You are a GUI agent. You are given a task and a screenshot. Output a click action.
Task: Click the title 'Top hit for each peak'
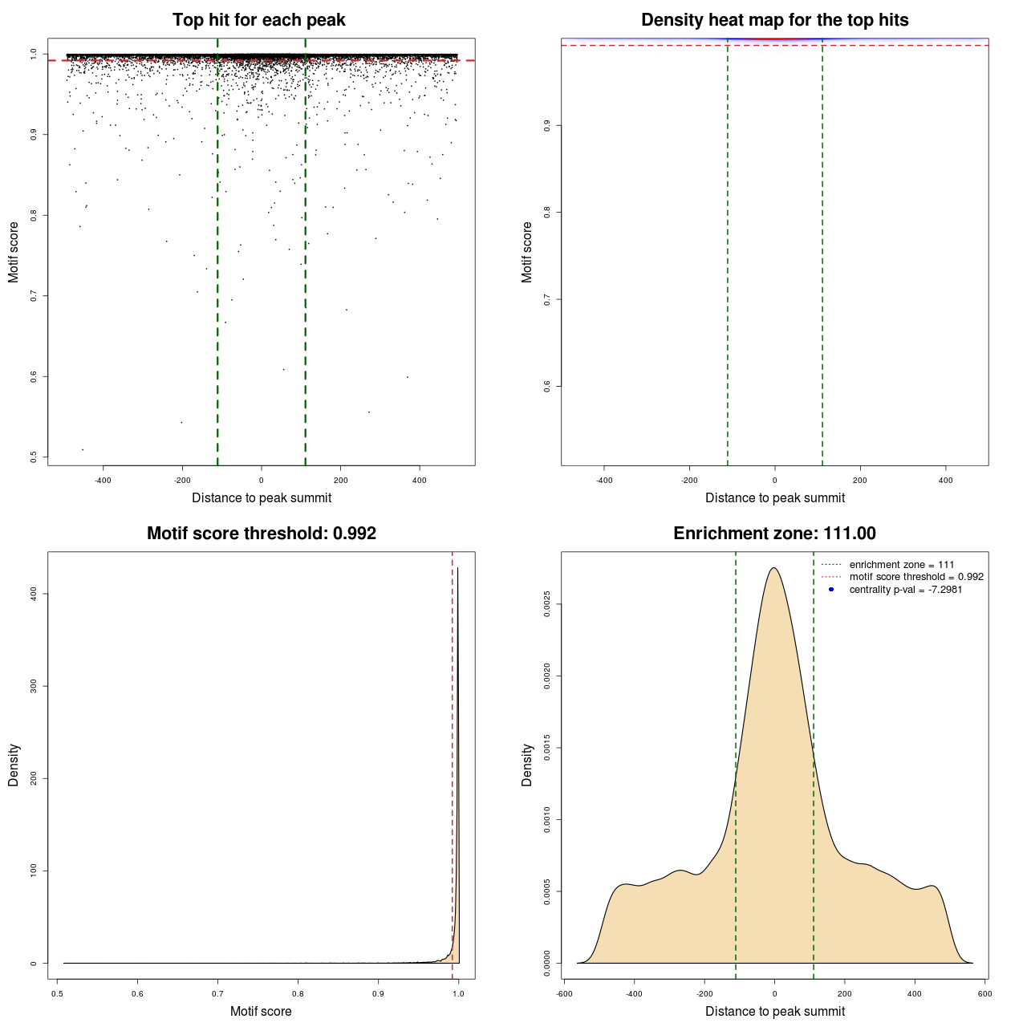coord(258,20)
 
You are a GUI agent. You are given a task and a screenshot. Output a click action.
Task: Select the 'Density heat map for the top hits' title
coord(774,20)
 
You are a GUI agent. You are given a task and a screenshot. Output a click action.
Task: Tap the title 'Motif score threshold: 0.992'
coord(261,534)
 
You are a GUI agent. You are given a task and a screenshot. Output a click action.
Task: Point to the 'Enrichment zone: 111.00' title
coord(774,534)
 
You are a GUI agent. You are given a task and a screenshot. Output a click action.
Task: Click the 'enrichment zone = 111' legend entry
coord(901,565)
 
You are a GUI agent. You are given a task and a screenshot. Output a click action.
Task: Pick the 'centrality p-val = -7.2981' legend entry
coord(905,590)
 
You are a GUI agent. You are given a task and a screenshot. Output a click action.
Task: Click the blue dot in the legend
coord(831,590)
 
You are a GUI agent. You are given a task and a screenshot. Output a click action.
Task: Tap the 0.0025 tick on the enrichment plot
coord(547,605)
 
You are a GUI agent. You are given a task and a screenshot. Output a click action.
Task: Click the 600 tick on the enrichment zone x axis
coord(984,993)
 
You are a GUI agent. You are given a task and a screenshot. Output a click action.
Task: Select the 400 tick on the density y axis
coord(34,593)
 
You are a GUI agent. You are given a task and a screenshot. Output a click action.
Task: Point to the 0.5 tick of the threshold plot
coord(58,993)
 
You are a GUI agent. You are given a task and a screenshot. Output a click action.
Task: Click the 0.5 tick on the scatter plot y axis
coord(34,457)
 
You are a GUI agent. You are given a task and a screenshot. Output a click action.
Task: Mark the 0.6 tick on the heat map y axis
coord(547,386)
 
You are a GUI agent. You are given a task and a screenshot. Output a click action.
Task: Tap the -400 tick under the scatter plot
coord(103,481)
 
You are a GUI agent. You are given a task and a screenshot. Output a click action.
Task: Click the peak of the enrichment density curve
coord(773,568)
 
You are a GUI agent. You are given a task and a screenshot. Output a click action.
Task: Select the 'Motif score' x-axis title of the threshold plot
coord(261,1011)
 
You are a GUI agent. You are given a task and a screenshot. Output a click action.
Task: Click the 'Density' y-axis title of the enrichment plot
coord(527,765)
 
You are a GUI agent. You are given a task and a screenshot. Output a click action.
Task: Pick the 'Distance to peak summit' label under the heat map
coord(774,497)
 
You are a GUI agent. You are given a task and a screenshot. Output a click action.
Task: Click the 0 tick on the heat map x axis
coord(774,481)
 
